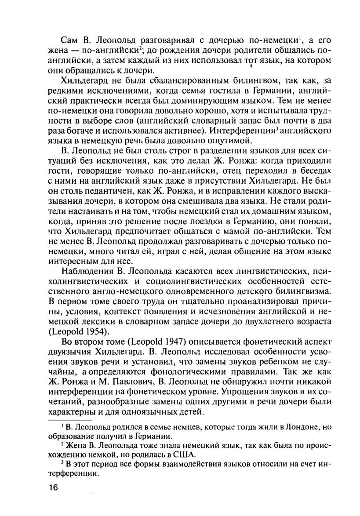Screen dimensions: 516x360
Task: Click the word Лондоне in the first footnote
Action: (x=304, y=427)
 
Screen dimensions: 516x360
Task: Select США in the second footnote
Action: (x=183, y=455)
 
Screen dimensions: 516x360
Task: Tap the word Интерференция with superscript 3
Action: (x=238, y=131)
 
